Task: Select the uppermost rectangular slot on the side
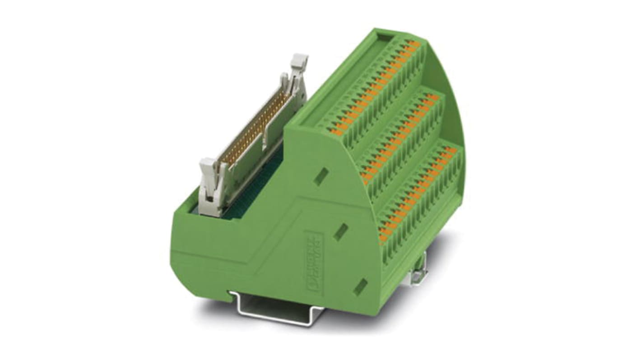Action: click(321, 176)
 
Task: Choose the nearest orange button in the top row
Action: click(334, 131)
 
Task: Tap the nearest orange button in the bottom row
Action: click(384, 237)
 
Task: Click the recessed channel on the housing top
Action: click(343, 77)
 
